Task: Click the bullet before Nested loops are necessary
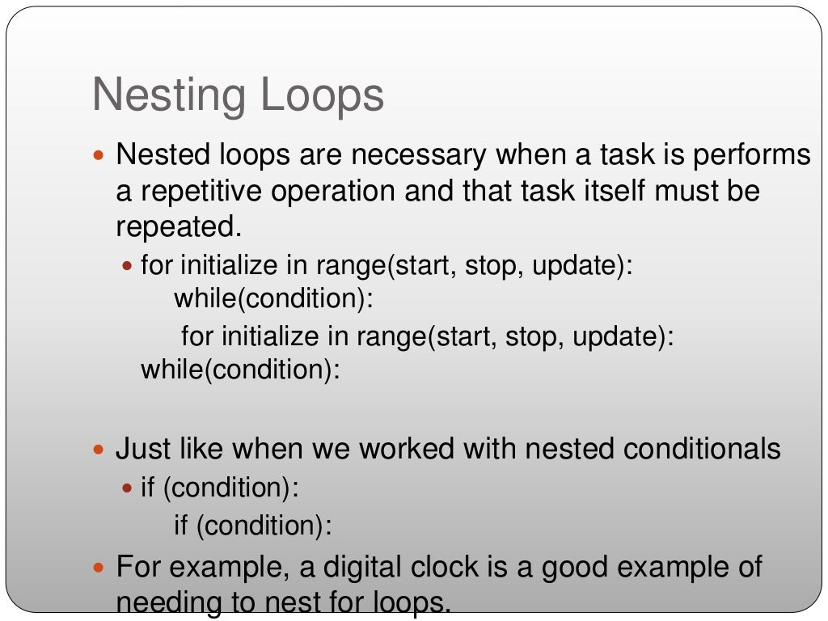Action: click(99, 154)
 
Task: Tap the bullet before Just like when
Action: click(99, 449)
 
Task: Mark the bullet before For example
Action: click(99, 566)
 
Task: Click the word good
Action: click(577, 566)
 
